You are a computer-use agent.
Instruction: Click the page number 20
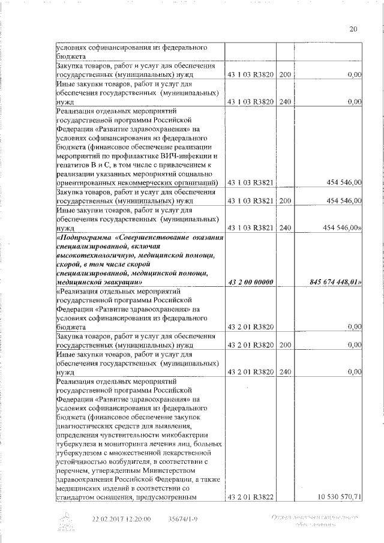click(x=353, y=29)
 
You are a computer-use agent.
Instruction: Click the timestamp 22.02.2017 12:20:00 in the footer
click(x=121, y=518)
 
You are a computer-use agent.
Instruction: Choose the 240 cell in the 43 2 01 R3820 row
click(x=285, y=372)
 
